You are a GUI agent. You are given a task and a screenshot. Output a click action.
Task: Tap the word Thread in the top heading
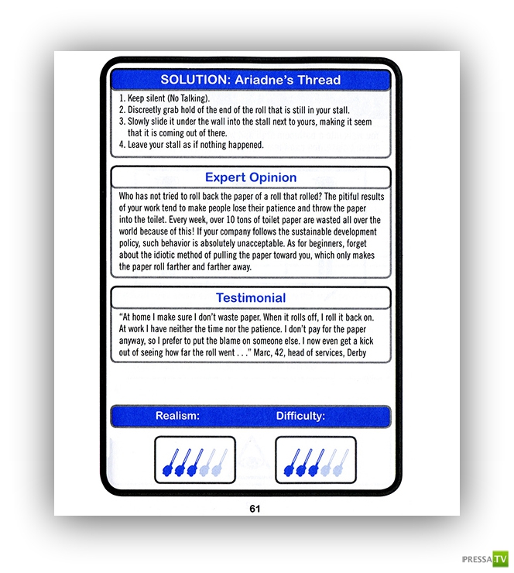tap(321, 80)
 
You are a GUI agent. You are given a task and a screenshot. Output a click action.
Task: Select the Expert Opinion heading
tap(251, 177)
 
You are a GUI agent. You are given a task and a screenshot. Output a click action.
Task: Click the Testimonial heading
tap(251, 297)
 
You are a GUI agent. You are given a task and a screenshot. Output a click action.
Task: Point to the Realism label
tap(178, 416)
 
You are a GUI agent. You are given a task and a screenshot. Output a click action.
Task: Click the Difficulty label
tap(300, 416)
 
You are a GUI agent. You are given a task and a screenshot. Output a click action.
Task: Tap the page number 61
tap(255, 509)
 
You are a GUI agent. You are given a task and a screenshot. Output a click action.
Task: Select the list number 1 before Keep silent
tap(122, 101)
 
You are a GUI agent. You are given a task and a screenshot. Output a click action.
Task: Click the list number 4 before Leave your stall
tap(122, 145)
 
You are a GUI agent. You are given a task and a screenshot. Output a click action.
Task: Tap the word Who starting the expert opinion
tap(128, 197)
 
